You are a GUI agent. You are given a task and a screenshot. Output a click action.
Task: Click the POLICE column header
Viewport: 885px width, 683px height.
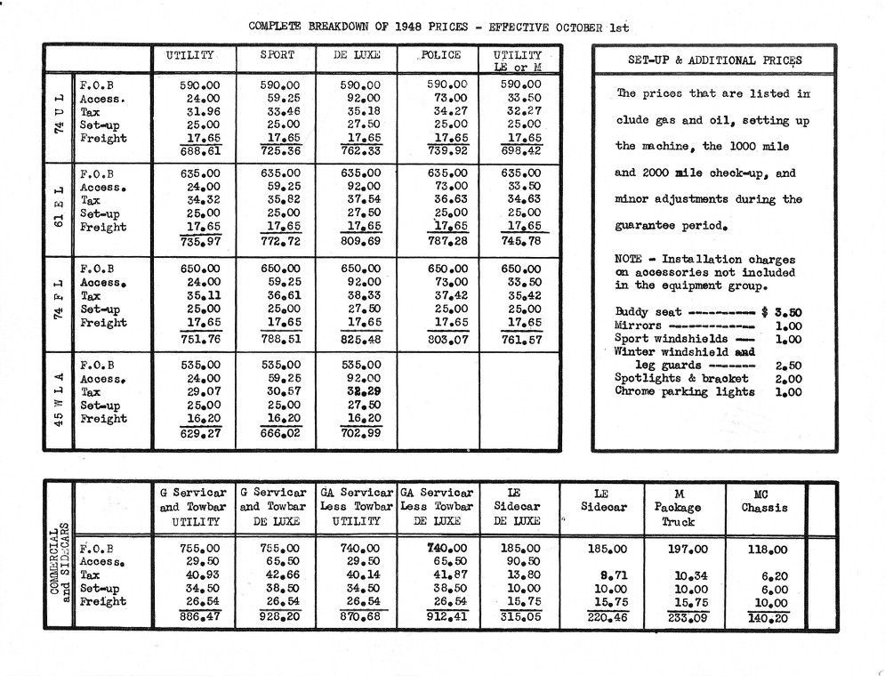441,55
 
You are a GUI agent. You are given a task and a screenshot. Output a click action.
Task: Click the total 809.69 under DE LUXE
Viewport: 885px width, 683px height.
360,242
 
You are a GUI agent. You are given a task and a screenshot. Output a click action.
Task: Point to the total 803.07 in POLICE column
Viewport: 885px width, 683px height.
441,338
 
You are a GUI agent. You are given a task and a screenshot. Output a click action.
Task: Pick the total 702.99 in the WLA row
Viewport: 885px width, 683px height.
360,433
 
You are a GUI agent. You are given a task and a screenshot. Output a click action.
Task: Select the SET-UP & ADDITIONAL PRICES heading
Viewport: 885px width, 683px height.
714,60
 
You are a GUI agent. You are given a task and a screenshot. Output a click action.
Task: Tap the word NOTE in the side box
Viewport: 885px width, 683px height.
629,259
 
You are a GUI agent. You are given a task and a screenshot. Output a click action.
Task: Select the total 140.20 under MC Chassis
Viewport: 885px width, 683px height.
768,617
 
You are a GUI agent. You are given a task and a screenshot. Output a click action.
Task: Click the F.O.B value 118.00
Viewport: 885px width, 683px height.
768,550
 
